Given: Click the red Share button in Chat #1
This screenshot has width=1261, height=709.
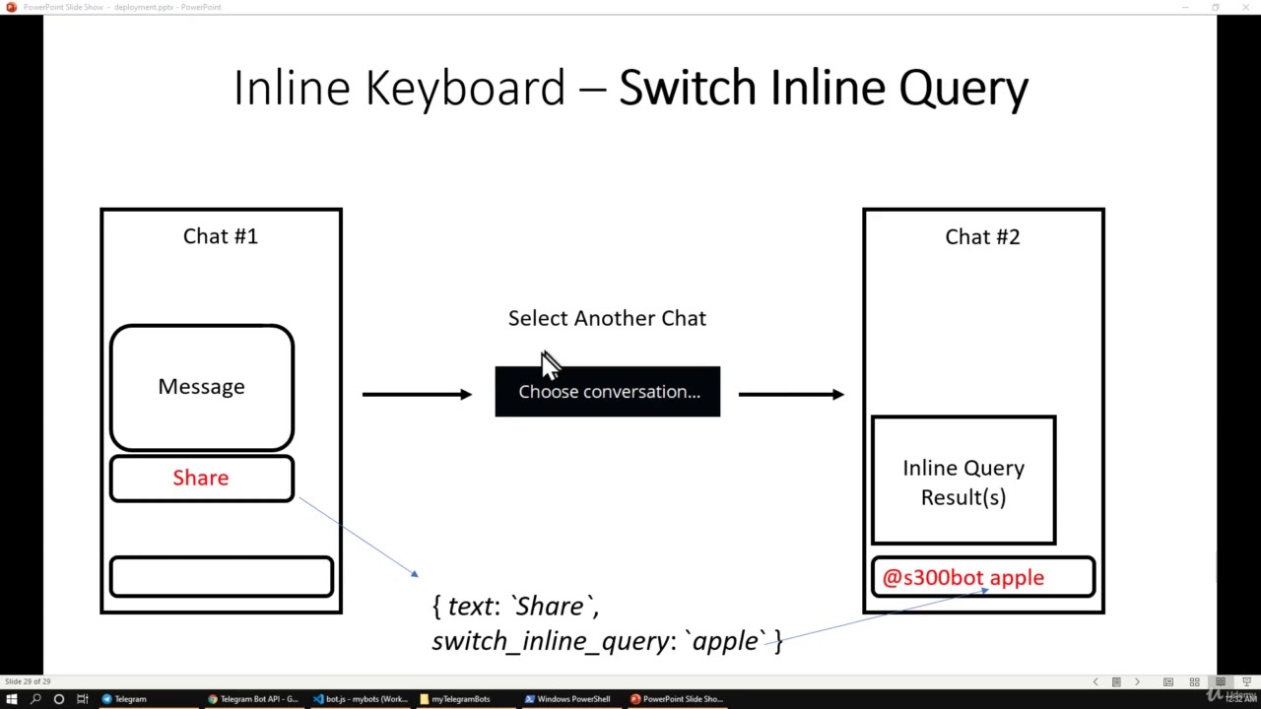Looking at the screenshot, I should [x=201, y=479].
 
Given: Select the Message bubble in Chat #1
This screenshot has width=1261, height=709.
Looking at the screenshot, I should [x=201, y=387].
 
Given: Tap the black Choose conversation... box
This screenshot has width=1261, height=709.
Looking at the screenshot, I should [x=608, y=392].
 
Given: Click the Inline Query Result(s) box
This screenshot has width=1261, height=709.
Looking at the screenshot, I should [x=963, y=482].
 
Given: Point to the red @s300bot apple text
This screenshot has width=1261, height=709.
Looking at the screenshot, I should [x=962, y=578].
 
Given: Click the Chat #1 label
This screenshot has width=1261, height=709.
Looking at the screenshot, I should [x=220, y=236].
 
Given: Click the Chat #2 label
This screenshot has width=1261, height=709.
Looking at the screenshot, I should [x=982, y=237].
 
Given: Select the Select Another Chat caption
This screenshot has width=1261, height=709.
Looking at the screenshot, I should [x=607, y=319].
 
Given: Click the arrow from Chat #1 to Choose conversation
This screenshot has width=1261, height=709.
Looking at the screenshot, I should [x=417, y=395].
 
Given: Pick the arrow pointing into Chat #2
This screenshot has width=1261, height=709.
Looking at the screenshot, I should [x=791, y=395].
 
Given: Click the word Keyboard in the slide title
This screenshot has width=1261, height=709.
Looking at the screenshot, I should [x=465, y=89].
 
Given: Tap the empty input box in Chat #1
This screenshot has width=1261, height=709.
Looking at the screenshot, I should [x=221, y=577].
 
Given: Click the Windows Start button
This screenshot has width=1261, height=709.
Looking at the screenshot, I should [x=12, y=699].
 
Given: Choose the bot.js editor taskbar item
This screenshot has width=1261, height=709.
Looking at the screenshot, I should [x=361, y=699].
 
